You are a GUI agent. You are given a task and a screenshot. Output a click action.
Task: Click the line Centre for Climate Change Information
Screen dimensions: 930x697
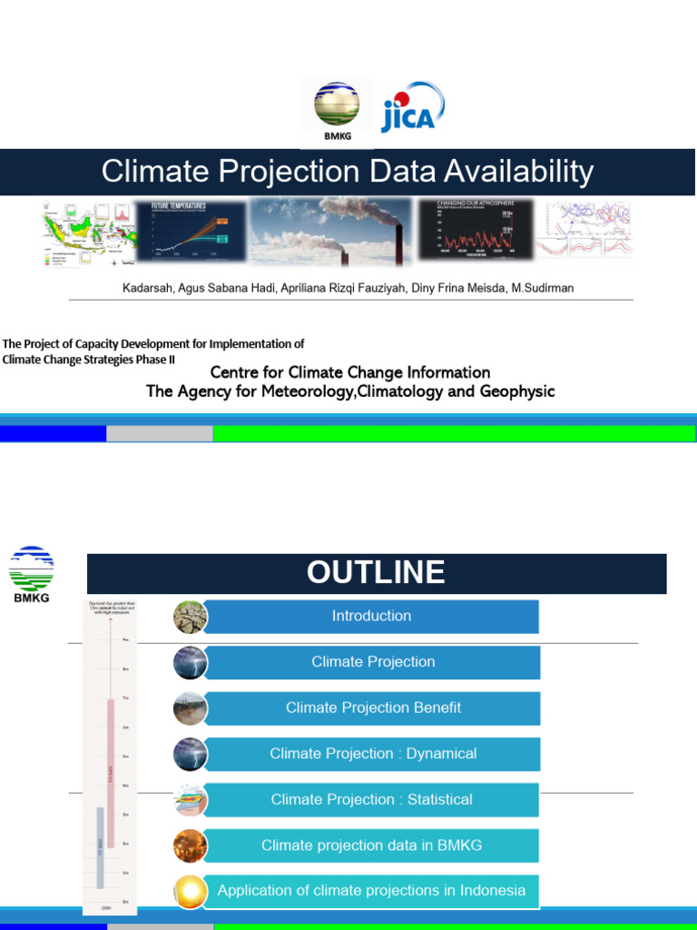point(350,372)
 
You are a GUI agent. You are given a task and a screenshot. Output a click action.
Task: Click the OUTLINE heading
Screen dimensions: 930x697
point(376,573)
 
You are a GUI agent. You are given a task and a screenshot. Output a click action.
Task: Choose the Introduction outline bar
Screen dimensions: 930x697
point(371,616)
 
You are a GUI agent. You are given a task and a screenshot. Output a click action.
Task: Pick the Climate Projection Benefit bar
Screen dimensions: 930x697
point(373,707)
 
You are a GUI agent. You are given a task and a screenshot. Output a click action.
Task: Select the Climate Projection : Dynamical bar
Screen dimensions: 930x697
point(373,754)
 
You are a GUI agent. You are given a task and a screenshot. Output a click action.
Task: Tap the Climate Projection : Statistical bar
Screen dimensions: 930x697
point(371,799)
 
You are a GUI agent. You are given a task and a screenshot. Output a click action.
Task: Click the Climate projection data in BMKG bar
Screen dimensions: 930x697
point(371,846)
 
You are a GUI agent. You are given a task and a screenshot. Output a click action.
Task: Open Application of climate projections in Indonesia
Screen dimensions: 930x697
point(371,891)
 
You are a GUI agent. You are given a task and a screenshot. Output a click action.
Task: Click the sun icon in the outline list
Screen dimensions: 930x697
point(191,891)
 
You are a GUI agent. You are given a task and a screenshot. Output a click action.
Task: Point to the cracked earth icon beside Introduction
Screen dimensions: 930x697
point(191,617)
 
